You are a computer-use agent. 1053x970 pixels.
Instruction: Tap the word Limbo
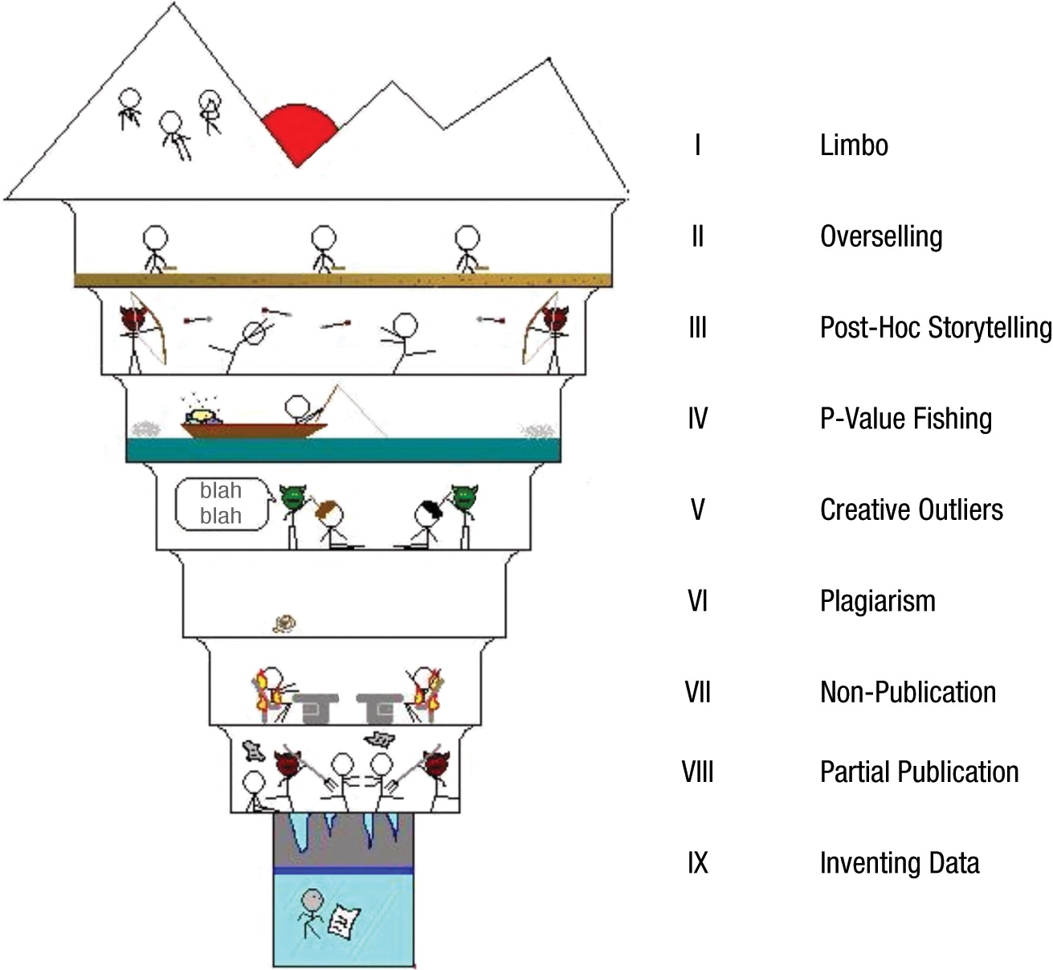point(854,145)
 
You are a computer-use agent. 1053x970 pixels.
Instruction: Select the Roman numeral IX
point(697,863)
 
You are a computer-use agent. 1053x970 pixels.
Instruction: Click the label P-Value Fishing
point(905,419)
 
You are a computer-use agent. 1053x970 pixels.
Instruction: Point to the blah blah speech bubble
point(221,504)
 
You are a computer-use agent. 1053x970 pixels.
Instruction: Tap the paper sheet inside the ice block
point(345,919)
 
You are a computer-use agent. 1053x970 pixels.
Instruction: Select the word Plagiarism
point(877,601)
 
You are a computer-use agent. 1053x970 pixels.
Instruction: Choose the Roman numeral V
point(697,510)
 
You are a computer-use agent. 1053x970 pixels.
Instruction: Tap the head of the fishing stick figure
point(298,405)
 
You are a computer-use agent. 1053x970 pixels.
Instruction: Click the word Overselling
point(881,237)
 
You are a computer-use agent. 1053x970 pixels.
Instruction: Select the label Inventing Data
point(899,863)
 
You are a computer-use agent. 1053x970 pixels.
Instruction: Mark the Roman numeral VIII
point(697,772)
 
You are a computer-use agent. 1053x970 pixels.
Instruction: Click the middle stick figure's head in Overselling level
point(324,238)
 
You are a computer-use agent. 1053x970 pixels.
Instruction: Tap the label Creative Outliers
point(911,510)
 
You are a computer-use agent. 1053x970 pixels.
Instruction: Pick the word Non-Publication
point(908,693)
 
